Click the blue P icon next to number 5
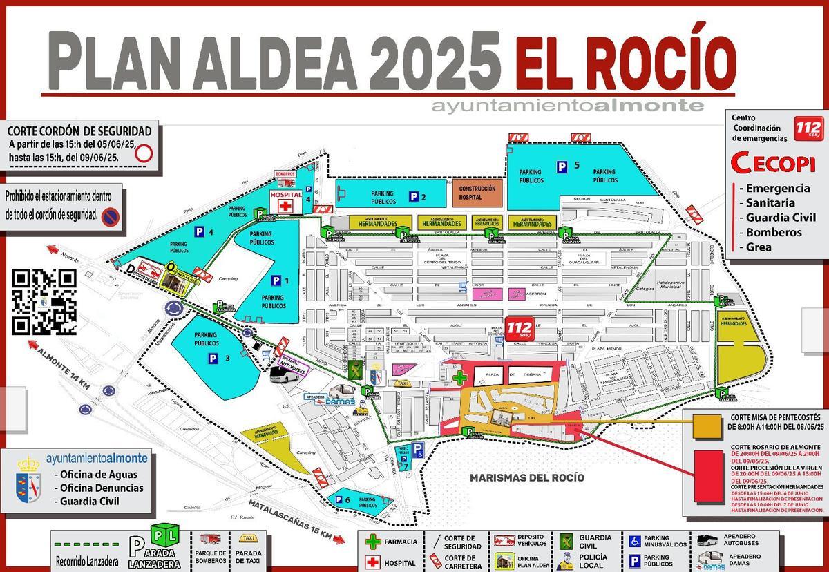(x=563, y=166)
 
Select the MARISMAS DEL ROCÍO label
(x=526, y=477)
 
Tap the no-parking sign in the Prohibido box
(x=110, y=218)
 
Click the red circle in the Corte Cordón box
(x=143, y=153)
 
